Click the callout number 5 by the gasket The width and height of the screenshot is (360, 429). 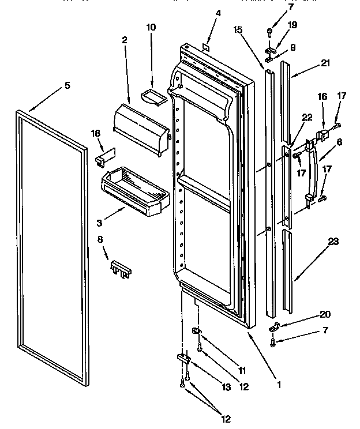click(67, 85)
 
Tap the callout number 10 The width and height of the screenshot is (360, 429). click(151, 27)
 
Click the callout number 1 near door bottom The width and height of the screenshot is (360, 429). click(279, 383)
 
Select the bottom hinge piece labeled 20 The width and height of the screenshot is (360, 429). click(275, 328)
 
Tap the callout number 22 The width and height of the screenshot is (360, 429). click(307, 117)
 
